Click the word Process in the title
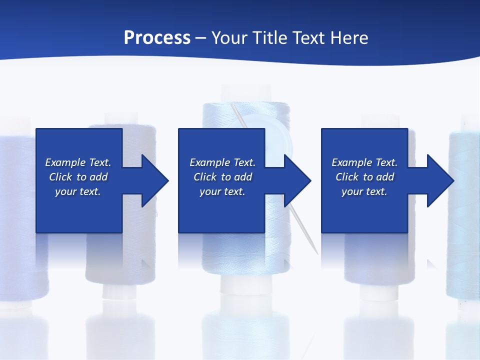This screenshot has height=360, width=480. click(157, 37)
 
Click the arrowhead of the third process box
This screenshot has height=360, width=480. click(440, 180)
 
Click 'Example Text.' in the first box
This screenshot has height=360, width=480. click(78, 162)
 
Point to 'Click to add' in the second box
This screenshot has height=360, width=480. click(222, 177)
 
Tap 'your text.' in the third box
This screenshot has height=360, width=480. click(364, 191)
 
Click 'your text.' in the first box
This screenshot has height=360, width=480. click(78, 191)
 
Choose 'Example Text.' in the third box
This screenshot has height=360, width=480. click(364, 162)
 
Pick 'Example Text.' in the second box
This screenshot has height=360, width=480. click(222, 162)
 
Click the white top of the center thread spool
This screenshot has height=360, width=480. click(245, 93)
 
